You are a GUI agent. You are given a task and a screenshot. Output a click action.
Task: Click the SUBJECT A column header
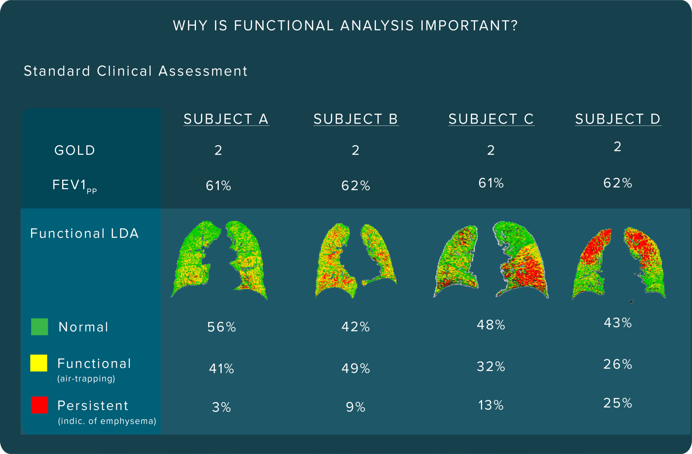(x=226, y=119)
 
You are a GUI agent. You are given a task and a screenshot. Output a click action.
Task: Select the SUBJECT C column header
(x=491, y=119)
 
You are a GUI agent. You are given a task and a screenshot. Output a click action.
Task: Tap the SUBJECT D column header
(x=618, y=119)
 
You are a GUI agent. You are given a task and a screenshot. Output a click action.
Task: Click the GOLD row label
(x=75, y=150)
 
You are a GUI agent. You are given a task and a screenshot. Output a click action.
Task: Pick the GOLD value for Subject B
(x=355, y=150)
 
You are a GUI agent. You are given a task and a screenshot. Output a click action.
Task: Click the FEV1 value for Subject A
(x=218, y=186)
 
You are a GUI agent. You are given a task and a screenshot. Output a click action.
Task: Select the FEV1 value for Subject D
(x=618, y=183)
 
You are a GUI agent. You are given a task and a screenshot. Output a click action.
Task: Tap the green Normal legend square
(x=39, y=327)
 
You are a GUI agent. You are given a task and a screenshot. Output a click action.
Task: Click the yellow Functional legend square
(x=39, y=363)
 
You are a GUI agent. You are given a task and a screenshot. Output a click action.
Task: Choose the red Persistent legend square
(x=39, y=405)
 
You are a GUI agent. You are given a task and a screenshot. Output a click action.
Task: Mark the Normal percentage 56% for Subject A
(x=222, y=327)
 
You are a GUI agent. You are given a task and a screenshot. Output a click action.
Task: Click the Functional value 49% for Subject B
(x=355, y=369)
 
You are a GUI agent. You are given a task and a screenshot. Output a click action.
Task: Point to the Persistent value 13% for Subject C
(x=491, y=405)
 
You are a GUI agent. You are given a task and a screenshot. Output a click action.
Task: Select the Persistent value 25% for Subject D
(x=618, y=403)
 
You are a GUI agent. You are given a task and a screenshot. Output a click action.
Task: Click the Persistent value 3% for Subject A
(x=222, y=407)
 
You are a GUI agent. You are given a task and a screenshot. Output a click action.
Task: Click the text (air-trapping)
(x=86, y=379)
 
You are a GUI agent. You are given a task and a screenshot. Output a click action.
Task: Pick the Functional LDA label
(x=85, y=233)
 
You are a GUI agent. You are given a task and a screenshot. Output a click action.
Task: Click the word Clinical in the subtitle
(x=124, y=71)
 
